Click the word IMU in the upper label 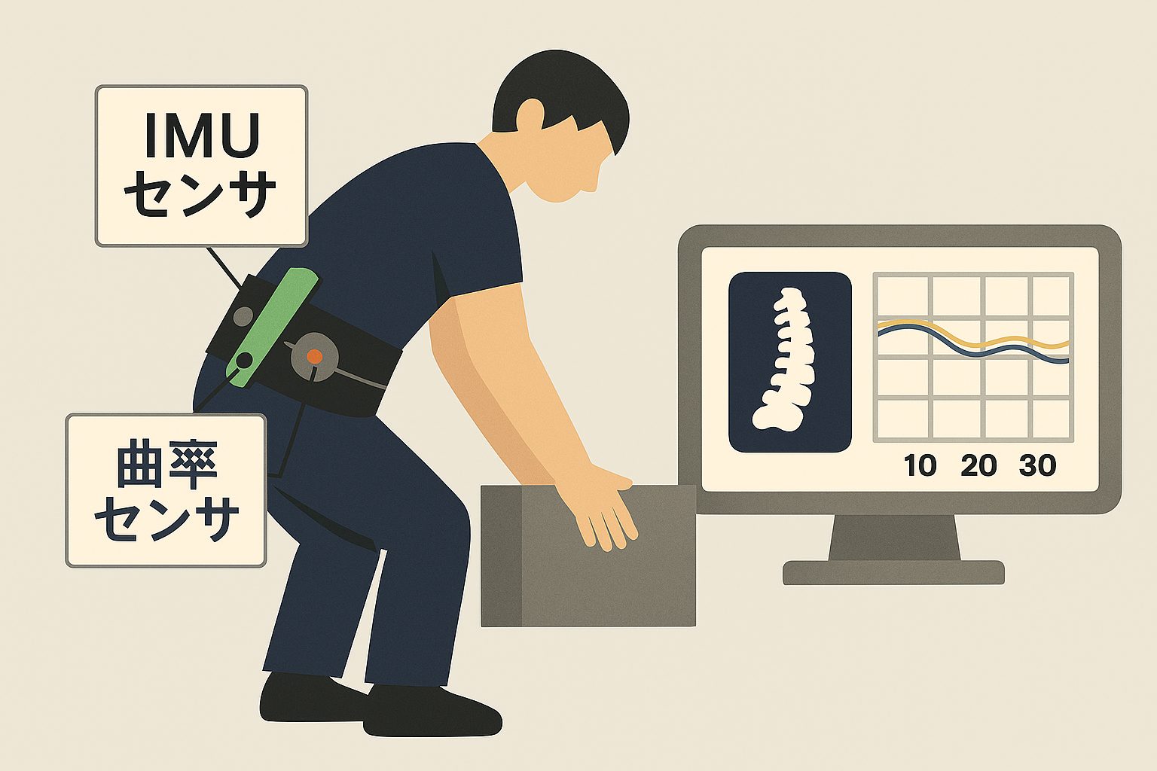pyautogui.click(x=202, y=136)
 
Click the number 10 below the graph pyautogui.click(x=920, y=465)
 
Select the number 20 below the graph pyautogui.click(x=978, y=465)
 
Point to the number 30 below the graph pyautogui.click(x=1038, y=465)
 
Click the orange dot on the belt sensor pyautogui.click(x=313, y=356)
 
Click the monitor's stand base pyautogui.click(x=894, y=573)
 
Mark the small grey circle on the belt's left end pyautogui.click(x=243, y=315)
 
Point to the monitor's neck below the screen pyautogui.click(x=894, y=537)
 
